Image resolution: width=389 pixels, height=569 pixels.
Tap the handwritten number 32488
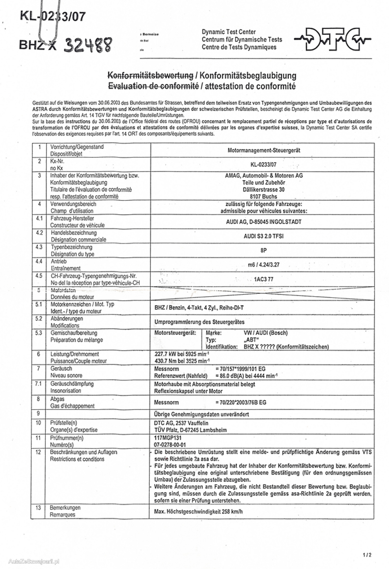tap(88, 45)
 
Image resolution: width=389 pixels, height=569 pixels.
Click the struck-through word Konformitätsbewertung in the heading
tap(151, 75)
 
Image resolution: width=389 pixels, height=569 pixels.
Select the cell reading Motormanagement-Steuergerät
tap(264, 150)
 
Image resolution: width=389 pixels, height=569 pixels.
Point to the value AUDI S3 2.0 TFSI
tap(263, 236)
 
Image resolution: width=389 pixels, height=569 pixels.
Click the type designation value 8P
tap(263, 250)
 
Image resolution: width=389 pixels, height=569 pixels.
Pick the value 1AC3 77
tap(263, 279)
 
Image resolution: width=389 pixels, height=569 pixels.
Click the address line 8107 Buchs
tap(263, 196)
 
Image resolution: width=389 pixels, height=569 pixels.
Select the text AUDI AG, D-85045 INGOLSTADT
tap(263, 222)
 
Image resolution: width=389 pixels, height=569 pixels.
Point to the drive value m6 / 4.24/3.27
tap(263, 265)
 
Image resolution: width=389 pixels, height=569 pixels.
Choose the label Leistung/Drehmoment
tap(74, 354)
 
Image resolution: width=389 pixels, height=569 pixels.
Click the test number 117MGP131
tap(168, 438)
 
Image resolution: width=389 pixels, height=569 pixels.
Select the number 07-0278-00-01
tap(170, 445)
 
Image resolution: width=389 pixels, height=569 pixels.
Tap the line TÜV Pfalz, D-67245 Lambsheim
tap(190, 430)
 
